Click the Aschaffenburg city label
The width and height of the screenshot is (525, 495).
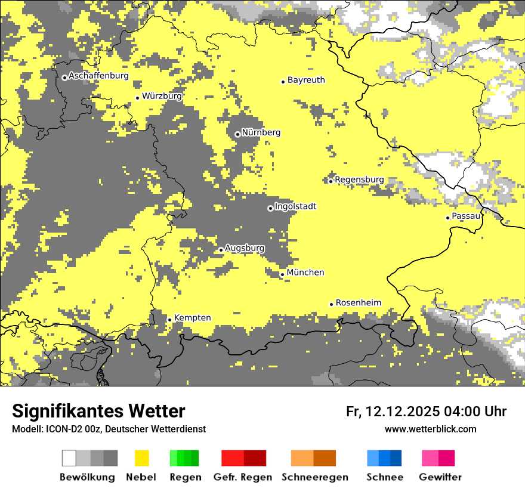[98, 76]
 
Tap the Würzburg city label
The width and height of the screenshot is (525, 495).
[162, 96]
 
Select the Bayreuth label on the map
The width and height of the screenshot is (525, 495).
[306, 80]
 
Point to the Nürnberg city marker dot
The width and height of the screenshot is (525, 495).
[237, 134]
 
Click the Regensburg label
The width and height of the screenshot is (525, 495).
[359, 180]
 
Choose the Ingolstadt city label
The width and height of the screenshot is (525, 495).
[295, 206]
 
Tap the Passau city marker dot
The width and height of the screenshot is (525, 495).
[447, 218]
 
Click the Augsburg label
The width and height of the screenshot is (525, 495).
[245, 248]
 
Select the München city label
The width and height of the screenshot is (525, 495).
[305, 273]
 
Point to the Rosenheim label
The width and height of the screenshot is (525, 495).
[358, 303]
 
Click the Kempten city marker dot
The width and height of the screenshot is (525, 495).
[169, 320]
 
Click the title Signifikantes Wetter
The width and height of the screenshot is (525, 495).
[98, 412]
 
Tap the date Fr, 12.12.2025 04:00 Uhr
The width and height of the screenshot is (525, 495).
[426, 412]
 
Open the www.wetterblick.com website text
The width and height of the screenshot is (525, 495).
[430, 429]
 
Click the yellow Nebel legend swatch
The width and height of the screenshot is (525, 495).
[142, 458]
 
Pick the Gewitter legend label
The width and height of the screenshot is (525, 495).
[440, 477]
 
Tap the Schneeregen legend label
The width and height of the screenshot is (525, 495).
[314, 477]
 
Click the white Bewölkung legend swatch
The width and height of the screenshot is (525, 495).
[69, 458]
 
